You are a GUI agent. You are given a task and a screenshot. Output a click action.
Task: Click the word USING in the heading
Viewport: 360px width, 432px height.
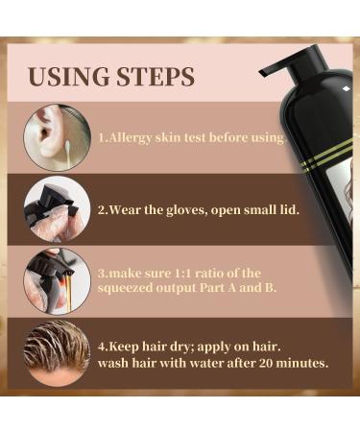coord(65,76)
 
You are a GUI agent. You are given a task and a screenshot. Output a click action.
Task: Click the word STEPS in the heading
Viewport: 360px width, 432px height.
coord(153,76)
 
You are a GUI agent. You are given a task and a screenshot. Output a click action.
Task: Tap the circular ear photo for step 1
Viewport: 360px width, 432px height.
coord(58,136)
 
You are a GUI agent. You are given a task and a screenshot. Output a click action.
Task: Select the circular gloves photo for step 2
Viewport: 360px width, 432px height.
coord(58,205)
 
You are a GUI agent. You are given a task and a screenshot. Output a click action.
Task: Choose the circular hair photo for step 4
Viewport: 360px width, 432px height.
coord(58,354)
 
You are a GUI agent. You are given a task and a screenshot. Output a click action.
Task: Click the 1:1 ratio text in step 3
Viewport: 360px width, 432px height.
coord(197,272)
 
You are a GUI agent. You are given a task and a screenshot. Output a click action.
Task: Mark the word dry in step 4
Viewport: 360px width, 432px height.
coord(166,347)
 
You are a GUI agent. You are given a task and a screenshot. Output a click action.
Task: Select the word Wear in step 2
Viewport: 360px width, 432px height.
coord(127,204)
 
